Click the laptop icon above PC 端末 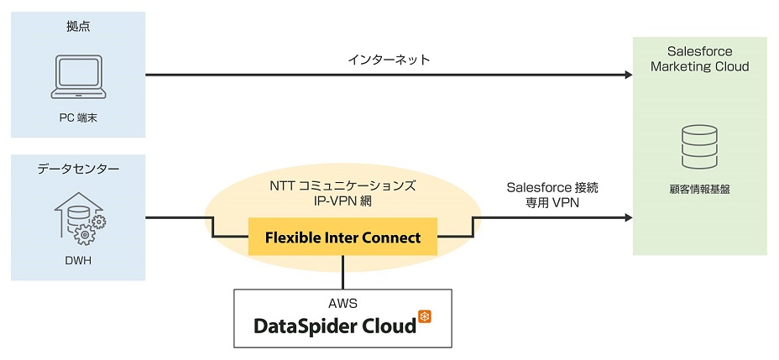point(78,76)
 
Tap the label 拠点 point(78,27)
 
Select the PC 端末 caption point(78,119)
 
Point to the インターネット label point(389,60)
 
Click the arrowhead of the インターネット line point(629,75)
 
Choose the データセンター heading point(78,170)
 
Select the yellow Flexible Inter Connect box point(342,237)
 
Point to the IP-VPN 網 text point(342,202)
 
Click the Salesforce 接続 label point(552,188)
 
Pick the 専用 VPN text point(552,203)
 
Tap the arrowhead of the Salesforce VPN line point(629,217)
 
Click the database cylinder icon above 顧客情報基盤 point(699,147)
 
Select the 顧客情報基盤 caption point(699,190)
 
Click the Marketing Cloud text point(699,66)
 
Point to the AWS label point(342,303)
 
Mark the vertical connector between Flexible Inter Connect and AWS point(342,273)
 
